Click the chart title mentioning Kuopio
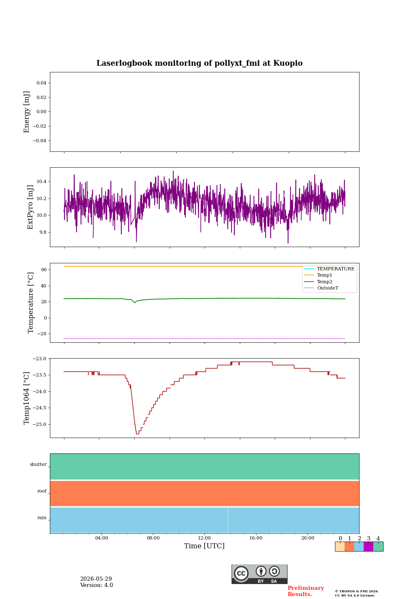tap(199, 63)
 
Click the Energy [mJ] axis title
tap(27, 112)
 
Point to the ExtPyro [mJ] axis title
tap(30, 207)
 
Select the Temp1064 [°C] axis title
tap(27, 398)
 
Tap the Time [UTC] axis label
tap(204, 546)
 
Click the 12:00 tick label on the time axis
tap(204, 538)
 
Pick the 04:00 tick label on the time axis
tap(101, 538)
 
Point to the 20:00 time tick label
tap(308, 538)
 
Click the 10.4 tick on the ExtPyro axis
tap(42, 181)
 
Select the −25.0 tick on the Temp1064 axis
tap(39, 424)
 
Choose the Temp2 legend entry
tap(325, 282)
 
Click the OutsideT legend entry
tap(328, 288)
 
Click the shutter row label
tap(38, 464)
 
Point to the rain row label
tap(42, 517)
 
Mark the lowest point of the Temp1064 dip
tap(138, 434)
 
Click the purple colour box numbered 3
tap(368, 547)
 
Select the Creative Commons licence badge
tap(259, 574)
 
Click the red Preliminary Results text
tap(306, 591)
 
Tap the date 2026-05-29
tap(96, 579)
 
